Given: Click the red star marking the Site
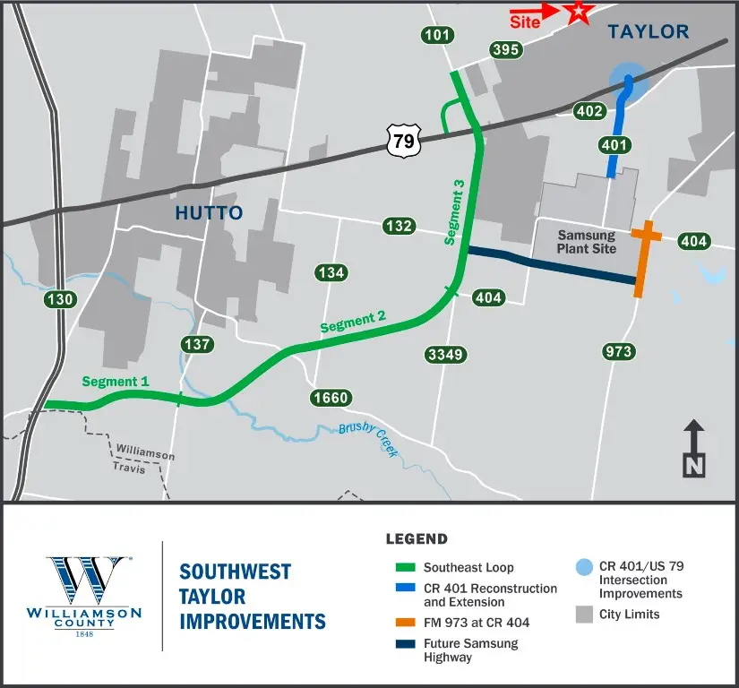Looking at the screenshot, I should pyautogui.click(x=580, y=12).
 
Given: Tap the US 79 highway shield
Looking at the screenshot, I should pyautogui.click(x=402, y=140).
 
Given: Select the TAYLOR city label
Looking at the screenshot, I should pyautogui.click(x=649, y=32).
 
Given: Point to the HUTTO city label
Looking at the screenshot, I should pyautogui.click(x=209, y=212).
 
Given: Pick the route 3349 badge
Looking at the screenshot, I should pyautogui.click(x=444, y=355).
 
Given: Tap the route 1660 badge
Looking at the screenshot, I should pyautogui.click(x=331, y=397).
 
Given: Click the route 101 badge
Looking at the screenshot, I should pyautogui.click(x=438, y=35).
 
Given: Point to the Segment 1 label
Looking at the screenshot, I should pyautogui.click(x=116, y=381).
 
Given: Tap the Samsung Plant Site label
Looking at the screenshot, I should pyautogui.click(x=587, y=242).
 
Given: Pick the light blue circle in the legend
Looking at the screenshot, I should pyautogui.click(x=584, y=567).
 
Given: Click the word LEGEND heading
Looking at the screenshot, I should pyautogui.click(x=417, y=539).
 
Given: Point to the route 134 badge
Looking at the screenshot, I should pyautogui.click(x=331, y=272).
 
